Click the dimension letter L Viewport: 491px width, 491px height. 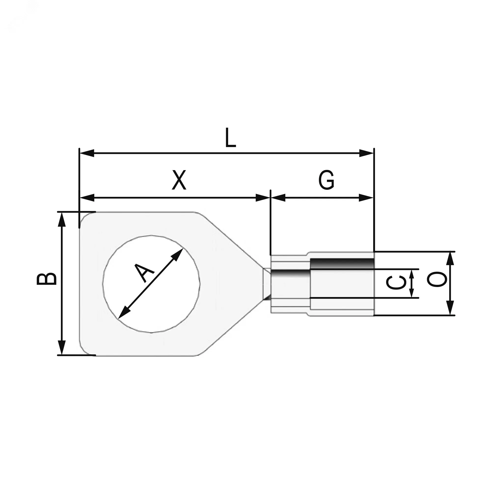click(x=231, y=138)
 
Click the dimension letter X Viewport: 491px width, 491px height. click(x=179, y=180)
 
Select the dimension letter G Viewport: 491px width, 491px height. click(x=326, y=180)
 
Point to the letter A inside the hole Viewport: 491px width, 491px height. click(x=144, y=273)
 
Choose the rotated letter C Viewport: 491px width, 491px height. click(x=396, y=283)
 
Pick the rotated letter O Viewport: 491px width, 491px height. click(x=436, y=279)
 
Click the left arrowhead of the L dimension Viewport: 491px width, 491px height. click(x=87, y=153)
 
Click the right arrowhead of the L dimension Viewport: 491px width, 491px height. click(x=367, y=153)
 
